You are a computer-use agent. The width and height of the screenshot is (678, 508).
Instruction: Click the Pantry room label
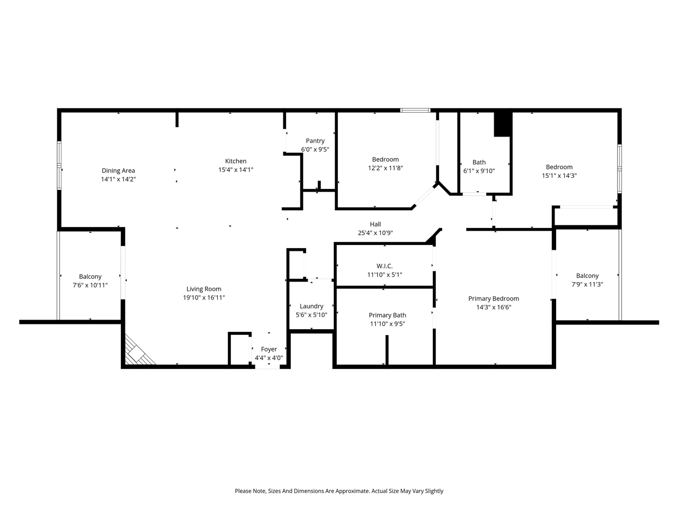pos(315,141)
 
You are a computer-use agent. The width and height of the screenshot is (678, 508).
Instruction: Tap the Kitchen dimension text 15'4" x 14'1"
pos(236,170)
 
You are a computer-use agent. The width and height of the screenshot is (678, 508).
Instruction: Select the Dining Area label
pos(118,170)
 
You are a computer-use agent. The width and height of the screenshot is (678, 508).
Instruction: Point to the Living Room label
pos(204,289)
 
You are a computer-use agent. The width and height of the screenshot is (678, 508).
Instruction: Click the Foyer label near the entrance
pos(269,349)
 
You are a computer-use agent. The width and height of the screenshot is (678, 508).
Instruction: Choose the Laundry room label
pos(311,306)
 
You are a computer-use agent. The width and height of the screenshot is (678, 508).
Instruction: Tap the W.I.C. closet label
pos(384,266)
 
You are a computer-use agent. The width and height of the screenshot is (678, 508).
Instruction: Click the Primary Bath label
pos(387,315)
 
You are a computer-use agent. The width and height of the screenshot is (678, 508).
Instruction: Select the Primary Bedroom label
pos(494,298)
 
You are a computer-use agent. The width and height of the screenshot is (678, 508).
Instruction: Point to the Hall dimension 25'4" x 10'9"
pos(376,233)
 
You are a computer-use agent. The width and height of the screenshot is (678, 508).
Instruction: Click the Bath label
pos(479,162)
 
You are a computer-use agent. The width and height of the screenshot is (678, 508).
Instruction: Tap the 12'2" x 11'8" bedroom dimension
pos(385,168)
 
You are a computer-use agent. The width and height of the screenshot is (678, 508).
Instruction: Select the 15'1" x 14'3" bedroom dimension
pos(559,176)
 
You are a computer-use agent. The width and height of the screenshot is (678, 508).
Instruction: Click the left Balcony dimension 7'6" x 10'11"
pos(90,285)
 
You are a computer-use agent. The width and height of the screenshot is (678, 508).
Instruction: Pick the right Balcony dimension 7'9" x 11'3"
pos(587,284)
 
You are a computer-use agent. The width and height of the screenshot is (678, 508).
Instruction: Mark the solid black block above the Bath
pos(503,124)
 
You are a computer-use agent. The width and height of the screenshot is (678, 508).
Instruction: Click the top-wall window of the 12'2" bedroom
pos(415,111)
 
